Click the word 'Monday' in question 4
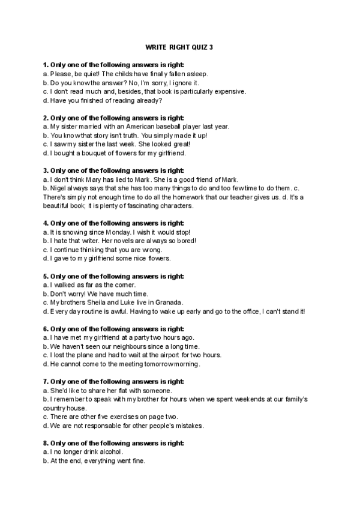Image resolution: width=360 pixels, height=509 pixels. [114, 232]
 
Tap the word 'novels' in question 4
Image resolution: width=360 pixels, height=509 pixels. [115, 241]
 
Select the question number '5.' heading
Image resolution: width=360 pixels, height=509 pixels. [46, 276]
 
